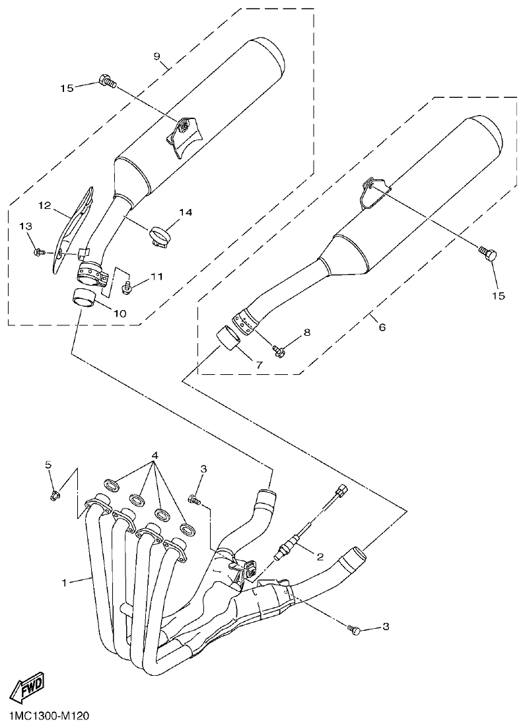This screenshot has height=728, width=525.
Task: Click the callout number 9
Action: pyautogui.click(x=157, y=57)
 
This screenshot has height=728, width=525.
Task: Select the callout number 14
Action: pyautogui.click(x=185, y=212)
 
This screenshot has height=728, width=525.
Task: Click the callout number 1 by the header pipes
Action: pyautogui.click(x=65, y=583)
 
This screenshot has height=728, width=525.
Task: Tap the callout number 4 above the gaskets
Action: pyautogui.click(x=155, y=456)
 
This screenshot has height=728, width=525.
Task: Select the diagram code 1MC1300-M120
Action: pyautogui.click(x=50, y=716)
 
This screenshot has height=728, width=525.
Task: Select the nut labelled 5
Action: pyautogui.click(x=54, y=494)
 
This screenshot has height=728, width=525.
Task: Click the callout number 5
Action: pyautogui.click(x=48, y=465)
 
